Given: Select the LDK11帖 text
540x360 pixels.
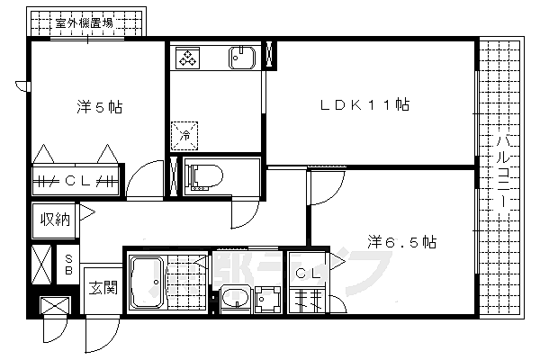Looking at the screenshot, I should point(365,105).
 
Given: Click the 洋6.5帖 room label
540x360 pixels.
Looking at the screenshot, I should point(402,241).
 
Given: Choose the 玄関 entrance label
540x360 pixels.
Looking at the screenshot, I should point(103,289).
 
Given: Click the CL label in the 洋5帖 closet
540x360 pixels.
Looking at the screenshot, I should point(76,180).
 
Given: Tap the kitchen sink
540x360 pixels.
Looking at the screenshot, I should point(242,58).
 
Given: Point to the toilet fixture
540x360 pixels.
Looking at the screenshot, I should point(201,175).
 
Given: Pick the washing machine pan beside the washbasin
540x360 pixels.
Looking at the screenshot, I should point(266,296).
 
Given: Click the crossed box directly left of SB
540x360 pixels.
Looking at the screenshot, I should point(42,263).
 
